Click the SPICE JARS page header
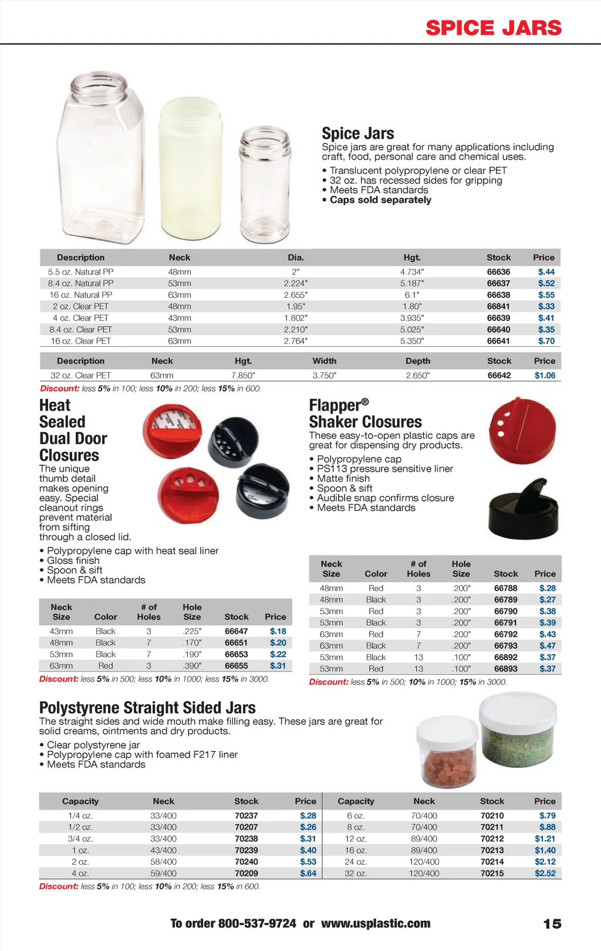click(x=494, y=28)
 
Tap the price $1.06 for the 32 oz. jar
click(x=545, y=375)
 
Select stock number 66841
click(x=498, y=306)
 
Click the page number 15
click(x=552, y=924)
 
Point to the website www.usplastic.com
click(x=376, y=923)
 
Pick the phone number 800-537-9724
click(x=257, y=923)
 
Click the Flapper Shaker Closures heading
click(x=365, y=414)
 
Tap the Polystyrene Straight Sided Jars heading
click(x=147, y=708)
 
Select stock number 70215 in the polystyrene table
click(x=492, y=873)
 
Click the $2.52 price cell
click(x=545, y=873)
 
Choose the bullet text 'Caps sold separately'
click(x=380, y=200)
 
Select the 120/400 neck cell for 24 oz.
click(x=424, y=862)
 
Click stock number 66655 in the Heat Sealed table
click(x=236, y=666)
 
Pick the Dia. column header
click(x=296, y=258)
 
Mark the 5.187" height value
click(x=412, y=283)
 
